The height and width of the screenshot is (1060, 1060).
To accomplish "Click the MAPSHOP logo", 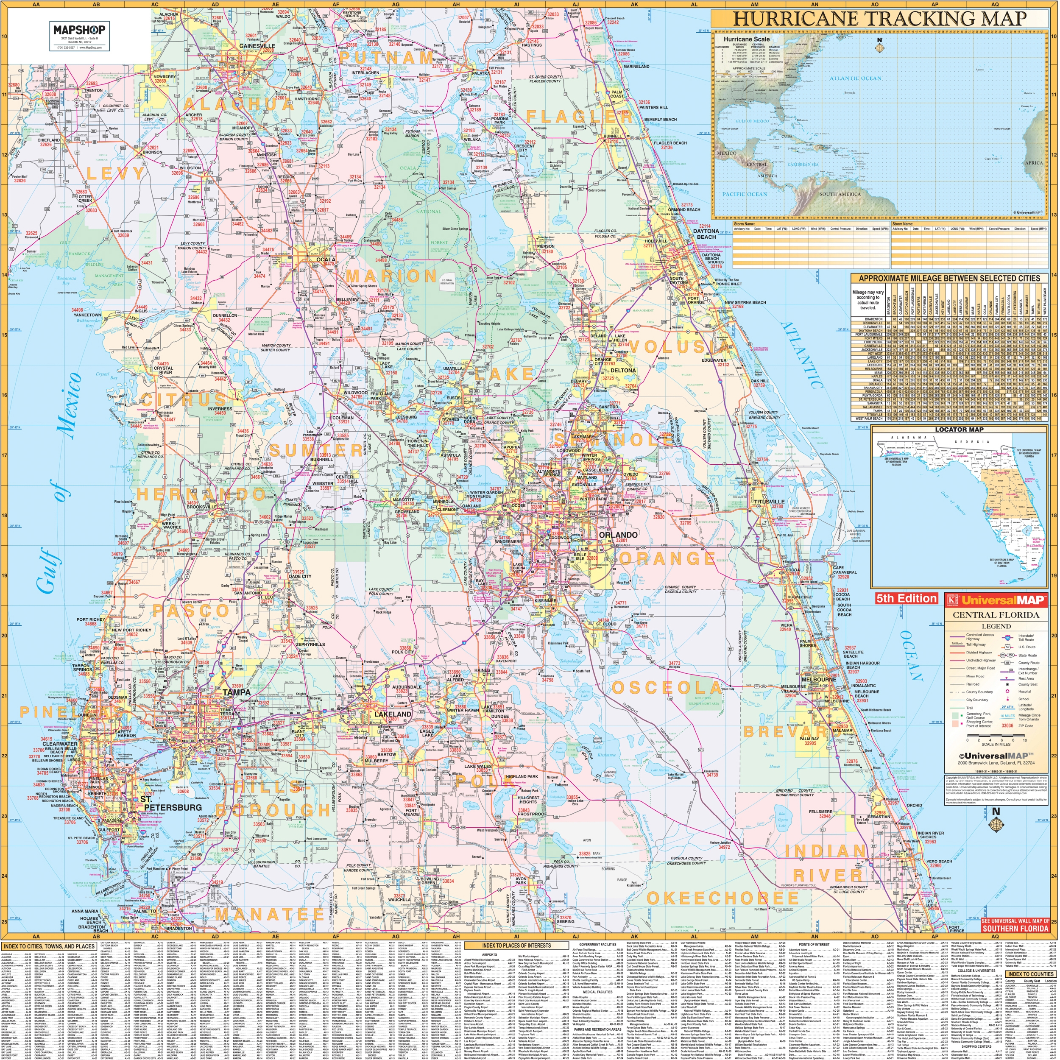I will click(80, 30).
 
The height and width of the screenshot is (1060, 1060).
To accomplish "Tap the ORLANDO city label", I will click(618, 534).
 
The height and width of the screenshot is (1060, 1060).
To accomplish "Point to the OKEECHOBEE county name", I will click(722, 898).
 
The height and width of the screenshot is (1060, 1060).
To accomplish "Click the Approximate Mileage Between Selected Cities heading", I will click(948, 278).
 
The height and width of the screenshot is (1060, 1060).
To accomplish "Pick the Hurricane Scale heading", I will click(746, 39).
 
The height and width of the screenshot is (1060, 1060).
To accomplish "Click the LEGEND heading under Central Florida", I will click(996, 626).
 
